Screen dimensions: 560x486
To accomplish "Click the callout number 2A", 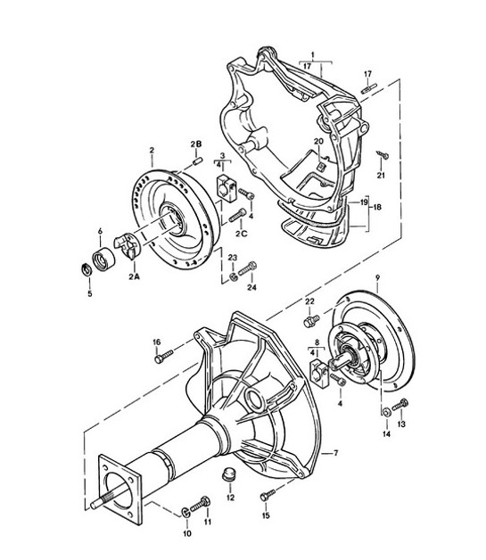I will (x=135, y=278).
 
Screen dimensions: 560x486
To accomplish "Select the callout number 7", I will (x=335, y=453).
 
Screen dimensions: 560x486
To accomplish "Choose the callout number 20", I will (x=318, y=142).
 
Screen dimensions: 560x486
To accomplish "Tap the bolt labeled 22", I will (x=311, y=318).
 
